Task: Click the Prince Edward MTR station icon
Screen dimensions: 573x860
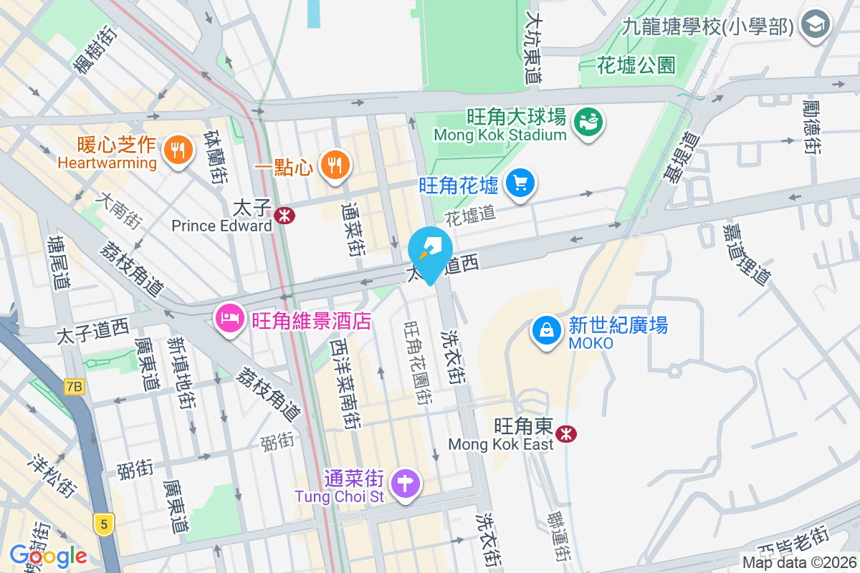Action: click(285, 214)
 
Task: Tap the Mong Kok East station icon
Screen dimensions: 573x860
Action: click(567, 433)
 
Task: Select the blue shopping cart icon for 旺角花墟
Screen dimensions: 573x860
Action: click(520, 183)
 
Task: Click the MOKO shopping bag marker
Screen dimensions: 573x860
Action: click(547, 330)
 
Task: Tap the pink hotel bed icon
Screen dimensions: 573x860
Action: click(229, 316)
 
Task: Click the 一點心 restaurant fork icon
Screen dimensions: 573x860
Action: click(333, 165)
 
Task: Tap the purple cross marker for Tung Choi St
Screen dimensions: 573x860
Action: click(405, 483)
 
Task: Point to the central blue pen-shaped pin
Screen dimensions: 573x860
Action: click(430, 252)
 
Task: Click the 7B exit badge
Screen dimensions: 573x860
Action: click(74, 387)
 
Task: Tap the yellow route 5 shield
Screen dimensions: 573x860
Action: click(104, 524)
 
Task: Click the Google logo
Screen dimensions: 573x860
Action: click(48, 555)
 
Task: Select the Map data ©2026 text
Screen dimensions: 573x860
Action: click(798, 563)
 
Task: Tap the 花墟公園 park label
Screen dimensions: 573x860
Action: click(636, 66)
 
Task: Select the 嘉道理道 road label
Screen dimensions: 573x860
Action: click(745, 254)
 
